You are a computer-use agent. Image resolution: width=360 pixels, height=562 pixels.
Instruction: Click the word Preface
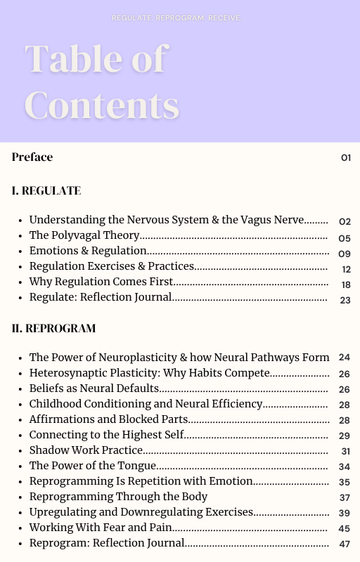(32, 157)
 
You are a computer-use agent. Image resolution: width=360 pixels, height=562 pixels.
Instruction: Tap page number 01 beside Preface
(346, 158)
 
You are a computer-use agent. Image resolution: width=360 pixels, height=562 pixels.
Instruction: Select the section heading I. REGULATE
(46, 191)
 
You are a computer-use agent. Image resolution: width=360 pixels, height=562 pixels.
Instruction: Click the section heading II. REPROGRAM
(53, 329)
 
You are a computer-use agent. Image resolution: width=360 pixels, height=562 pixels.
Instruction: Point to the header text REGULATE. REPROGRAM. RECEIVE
(176, 18)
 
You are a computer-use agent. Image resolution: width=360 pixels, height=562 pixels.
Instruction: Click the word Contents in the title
(101, 105)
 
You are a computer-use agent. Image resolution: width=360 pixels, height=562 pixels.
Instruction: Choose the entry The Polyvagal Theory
(84, 236)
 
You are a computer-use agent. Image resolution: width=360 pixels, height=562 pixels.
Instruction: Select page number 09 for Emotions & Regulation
(345, 254)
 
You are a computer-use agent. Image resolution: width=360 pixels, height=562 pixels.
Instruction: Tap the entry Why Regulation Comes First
(101, 282)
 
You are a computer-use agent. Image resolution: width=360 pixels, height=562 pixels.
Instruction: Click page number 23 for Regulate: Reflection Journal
(345, 300)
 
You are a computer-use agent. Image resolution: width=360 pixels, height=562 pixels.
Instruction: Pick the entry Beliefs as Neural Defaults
(94, 388)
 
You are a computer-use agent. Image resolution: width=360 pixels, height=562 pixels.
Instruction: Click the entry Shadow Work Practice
(86, 450)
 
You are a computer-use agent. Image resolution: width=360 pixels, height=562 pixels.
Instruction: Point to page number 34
(345, 466)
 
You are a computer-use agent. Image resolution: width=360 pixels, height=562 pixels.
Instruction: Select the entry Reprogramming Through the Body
(118, 497)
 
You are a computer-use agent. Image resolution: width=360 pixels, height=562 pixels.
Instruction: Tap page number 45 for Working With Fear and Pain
(345, 528)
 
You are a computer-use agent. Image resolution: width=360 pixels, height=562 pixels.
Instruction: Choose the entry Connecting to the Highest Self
(106, 435)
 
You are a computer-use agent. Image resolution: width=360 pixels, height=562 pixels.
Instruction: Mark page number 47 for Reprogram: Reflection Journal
(345, 544)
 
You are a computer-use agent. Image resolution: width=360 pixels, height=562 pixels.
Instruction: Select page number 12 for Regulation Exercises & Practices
(346, 269)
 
